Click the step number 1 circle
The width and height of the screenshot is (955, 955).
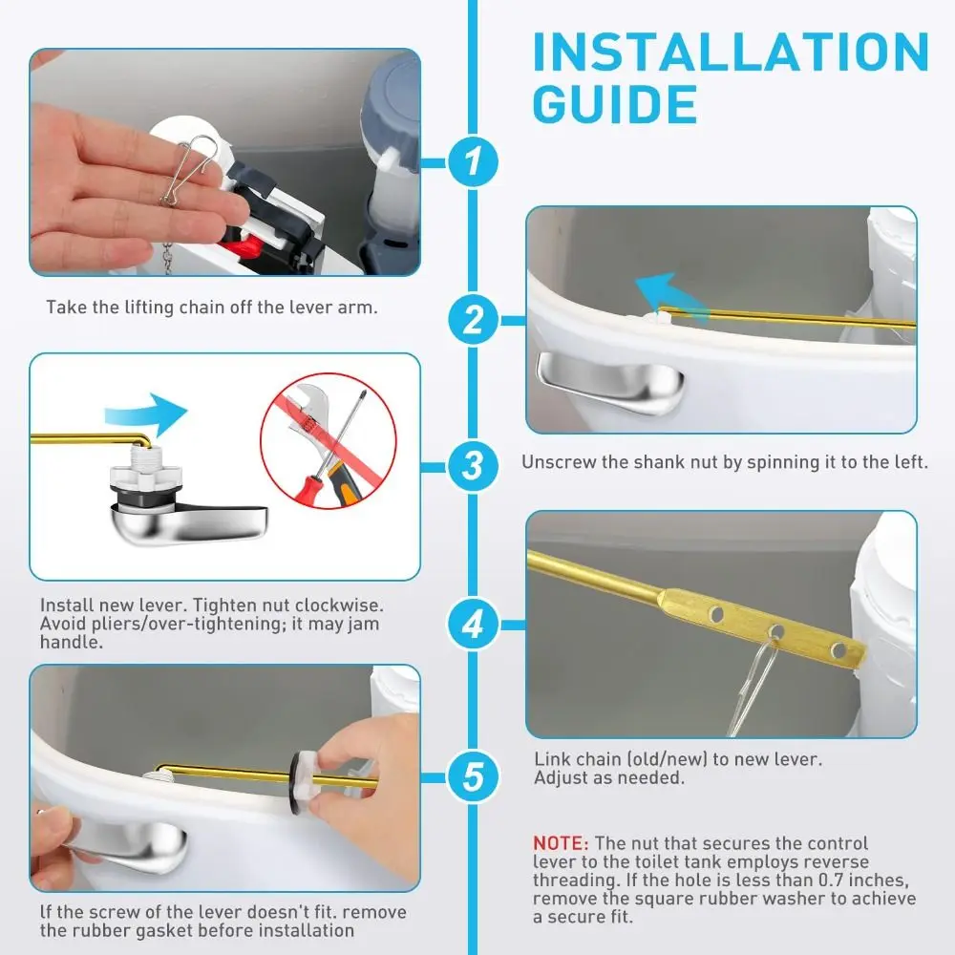(x=474, y=163)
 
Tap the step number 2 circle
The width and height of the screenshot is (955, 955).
(x=474, y=319)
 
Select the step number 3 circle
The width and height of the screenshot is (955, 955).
(x=474, y=467)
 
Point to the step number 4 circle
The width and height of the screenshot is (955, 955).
(x=474, y=625)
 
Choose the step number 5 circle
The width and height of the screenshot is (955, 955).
(x=474, y=775)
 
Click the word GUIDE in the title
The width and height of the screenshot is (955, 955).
(x=614, y=104)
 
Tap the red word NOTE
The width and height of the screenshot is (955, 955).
(x=560, y=844)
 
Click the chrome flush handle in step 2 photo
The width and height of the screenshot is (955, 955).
(x=611, y=379)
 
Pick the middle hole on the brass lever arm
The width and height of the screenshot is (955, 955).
(x=776, y=631)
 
